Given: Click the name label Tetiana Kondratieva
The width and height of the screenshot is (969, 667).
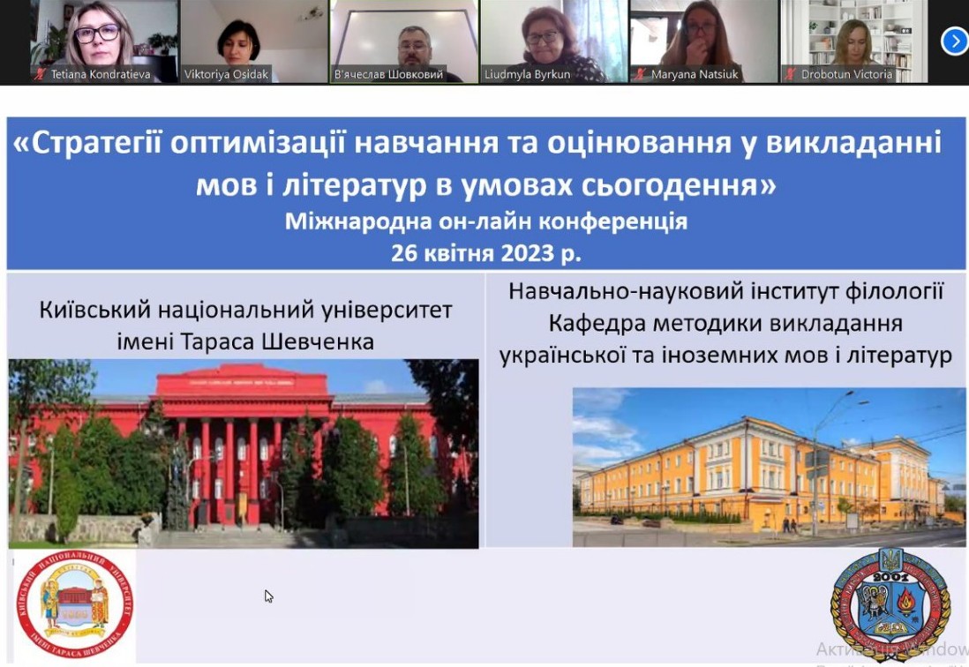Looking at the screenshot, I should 100,75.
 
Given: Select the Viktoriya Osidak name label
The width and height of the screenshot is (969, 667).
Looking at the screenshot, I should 226,75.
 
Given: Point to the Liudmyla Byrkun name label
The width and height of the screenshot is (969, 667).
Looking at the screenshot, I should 527,75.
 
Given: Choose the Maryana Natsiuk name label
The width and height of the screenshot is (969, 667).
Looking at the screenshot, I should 695,75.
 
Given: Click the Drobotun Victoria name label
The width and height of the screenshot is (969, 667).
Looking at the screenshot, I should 846,75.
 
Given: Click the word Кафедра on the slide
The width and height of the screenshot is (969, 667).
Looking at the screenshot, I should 596,323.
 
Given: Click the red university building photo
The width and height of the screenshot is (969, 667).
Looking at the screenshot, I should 244,453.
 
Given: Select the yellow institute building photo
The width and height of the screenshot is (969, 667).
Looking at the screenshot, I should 769,467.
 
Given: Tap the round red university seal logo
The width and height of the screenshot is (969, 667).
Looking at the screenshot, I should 74,606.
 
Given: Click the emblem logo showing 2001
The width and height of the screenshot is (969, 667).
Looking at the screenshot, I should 890,604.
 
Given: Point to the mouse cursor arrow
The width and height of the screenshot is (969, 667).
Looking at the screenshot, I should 268,596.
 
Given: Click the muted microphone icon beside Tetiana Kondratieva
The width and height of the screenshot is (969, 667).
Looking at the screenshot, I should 40,75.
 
